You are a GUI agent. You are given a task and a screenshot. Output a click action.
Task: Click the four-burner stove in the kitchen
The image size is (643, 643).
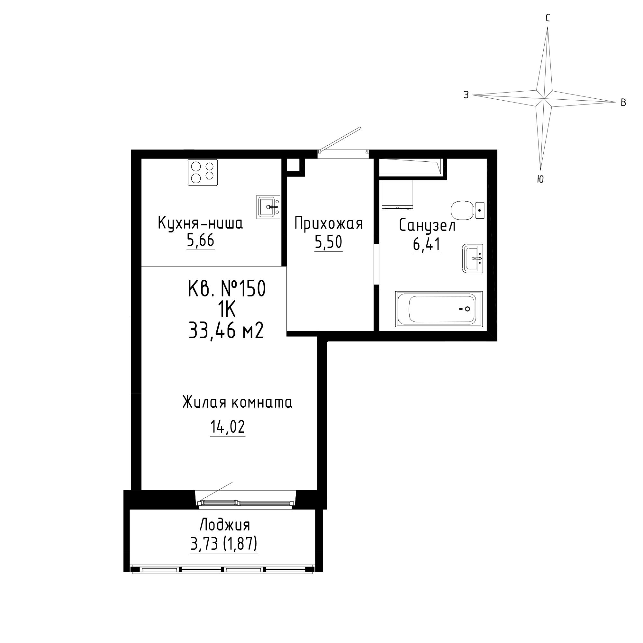click(203, 172)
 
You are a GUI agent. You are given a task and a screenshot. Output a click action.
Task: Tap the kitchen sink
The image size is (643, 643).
click(268, 207)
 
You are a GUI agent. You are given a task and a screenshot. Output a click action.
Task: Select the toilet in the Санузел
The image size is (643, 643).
click(467, 210)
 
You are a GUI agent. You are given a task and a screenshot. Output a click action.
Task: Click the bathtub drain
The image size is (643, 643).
click(467, 309)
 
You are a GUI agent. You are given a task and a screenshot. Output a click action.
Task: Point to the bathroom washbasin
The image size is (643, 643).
click(472, 258)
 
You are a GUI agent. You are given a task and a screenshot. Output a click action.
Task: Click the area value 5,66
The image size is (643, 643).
click(200, 240)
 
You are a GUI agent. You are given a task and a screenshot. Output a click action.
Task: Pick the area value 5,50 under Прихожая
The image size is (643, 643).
click(328, 242)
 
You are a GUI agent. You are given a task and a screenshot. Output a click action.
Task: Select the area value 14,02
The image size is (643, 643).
click(228, 427)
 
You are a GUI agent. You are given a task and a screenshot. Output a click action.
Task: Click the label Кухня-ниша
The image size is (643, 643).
click(200, 223)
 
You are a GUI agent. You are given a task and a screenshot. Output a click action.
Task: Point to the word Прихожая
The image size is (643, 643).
click(329, 224)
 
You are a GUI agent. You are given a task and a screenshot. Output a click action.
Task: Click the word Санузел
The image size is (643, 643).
click(427, 226)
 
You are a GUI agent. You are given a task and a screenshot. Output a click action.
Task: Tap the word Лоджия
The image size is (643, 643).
click(225, 525)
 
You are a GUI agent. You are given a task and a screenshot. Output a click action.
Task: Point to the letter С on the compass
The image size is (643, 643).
click(548, 18)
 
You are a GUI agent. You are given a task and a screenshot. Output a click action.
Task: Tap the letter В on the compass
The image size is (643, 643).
click(623, 103)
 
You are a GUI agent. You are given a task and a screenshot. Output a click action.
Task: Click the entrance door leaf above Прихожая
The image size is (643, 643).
click(340, 139)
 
